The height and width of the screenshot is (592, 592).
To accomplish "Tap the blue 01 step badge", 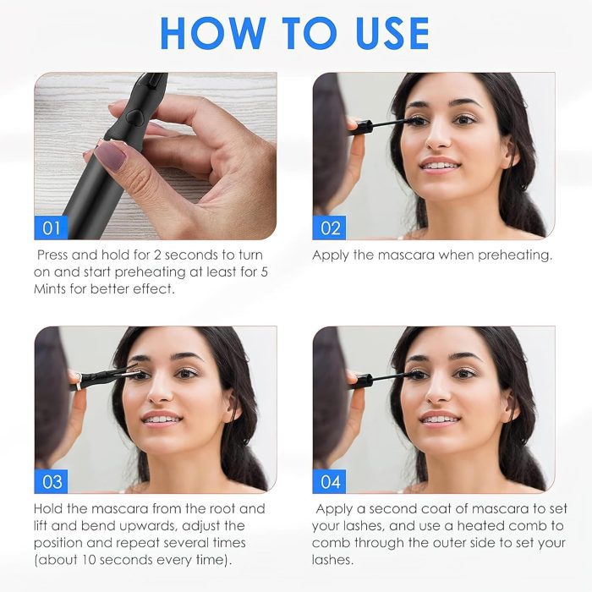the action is click(x=51, y=227).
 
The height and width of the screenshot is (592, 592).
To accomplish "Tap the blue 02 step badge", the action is click(x=329, y=227).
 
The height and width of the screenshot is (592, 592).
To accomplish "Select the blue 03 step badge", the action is click(x=51, y=481).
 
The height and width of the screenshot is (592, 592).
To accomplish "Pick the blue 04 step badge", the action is click(x=329, y=481).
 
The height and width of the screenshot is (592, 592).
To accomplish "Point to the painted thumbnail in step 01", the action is click(x=110, y=156).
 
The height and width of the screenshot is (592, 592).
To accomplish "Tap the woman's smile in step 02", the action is click(x=440, y=165).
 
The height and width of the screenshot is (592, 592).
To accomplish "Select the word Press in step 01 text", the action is click(x=52, y=255).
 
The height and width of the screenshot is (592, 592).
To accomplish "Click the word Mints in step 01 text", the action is click(x=49, y=289).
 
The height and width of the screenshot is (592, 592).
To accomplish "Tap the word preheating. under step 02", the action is click(x=515, y=255).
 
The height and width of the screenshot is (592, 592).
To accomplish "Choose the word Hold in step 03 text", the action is click(x=48, y=508).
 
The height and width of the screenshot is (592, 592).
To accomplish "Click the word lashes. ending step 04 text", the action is click(x=333, y=560).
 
